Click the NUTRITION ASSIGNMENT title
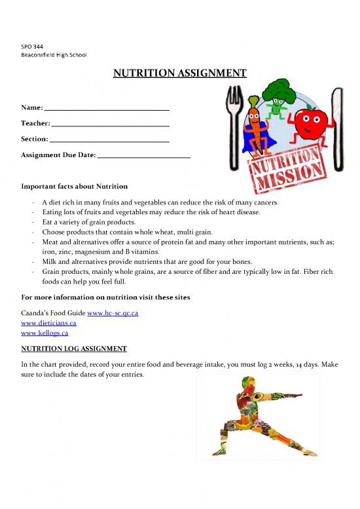coord(180,73)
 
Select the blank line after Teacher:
coord(111,124)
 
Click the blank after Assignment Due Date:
coord(143,157)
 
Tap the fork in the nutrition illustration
coord(234,121)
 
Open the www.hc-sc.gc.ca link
coord(113,314)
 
